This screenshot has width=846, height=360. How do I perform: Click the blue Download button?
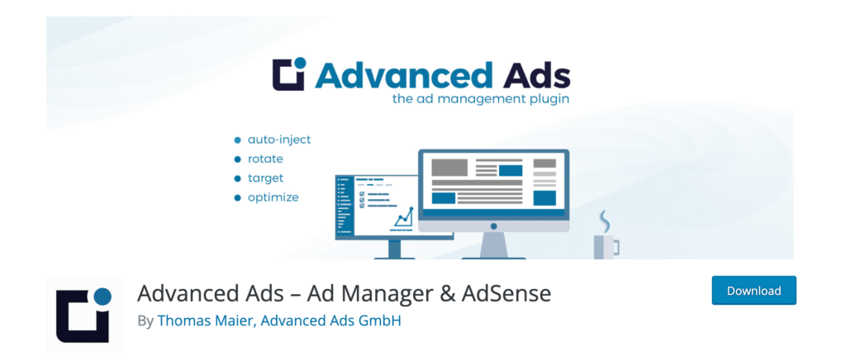coord(753,291)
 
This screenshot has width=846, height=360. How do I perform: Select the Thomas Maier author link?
coord(206,320)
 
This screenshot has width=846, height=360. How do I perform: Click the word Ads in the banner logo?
coord(534,77)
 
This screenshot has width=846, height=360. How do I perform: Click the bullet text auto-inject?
coord(279,140)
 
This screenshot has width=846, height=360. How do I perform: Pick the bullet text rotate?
coord(265,159)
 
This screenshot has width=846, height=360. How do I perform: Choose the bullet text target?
coord(265,178)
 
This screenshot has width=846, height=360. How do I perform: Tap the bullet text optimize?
coord(273,197)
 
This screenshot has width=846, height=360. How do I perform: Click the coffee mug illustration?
coord(606,245)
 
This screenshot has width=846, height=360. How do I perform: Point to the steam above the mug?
coord(605,221)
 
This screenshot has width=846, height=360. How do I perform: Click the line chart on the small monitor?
coord(403,218)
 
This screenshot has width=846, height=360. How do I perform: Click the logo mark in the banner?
coord(289,75)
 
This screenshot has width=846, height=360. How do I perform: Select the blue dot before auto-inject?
coord(238,140)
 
